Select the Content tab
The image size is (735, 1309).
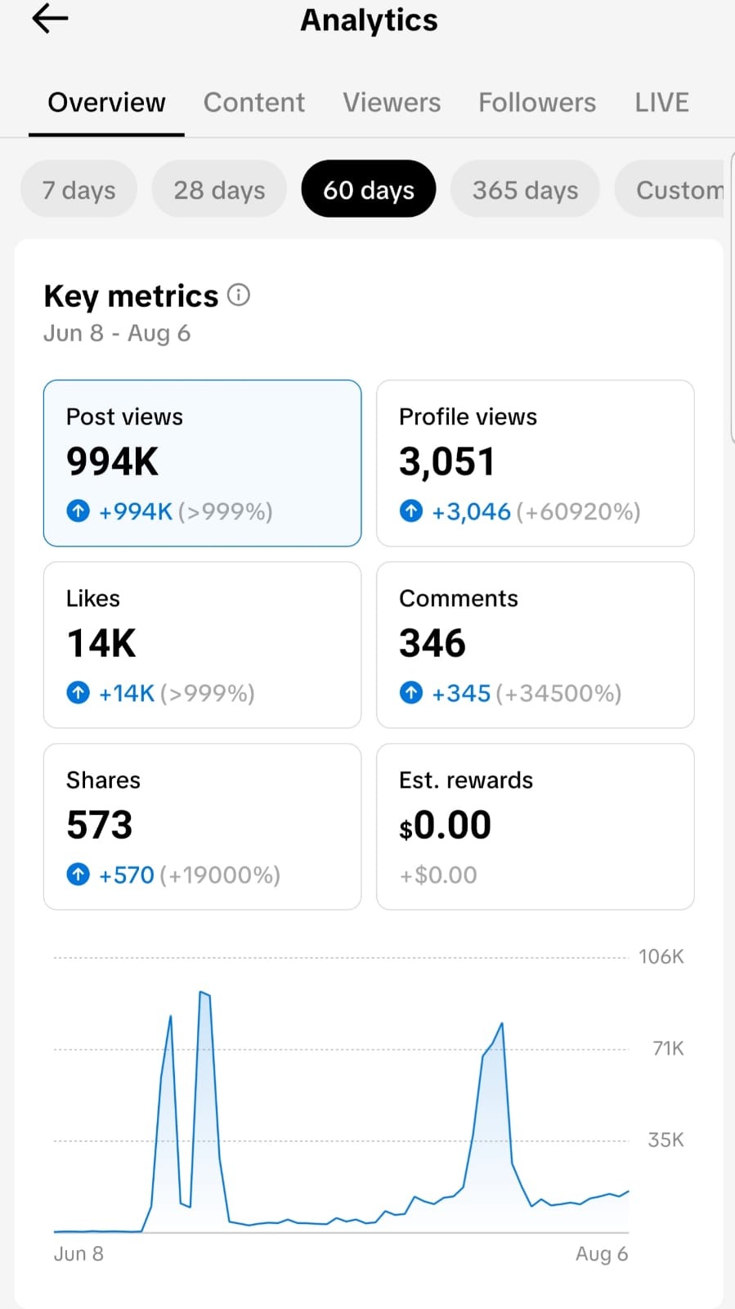coord(254,102)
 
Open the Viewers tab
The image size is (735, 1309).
coord(392,102)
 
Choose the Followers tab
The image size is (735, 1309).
coord(537,102)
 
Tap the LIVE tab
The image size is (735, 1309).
coord(662,102)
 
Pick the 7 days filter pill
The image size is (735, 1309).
coord(78,189)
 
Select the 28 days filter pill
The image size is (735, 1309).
coord(219,189)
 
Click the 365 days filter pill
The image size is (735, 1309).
coord(526,189)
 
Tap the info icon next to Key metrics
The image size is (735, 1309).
coord(239,295)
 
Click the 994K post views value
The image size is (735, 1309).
coord(112,461)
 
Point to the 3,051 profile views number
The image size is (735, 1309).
coord(446,461)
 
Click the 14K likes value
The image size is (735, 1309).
coord(101,643)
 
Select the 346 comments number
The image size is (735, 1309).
coord(432,643)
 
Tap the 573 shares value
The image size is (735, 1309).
coord(100,825)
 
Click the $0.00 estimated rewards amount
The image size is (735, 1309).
coord(445,825)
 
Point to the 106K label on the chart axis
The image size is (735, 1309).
coord(661,956)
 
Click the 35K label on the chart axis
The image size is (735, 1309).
coord(666,1140)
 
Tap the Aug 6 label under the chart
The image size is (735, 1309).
coord(602,1253)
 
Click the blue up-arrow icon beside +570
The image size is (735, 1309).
coord(78,875)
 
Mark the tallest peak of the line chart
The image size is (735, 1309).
coord(201,992)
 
